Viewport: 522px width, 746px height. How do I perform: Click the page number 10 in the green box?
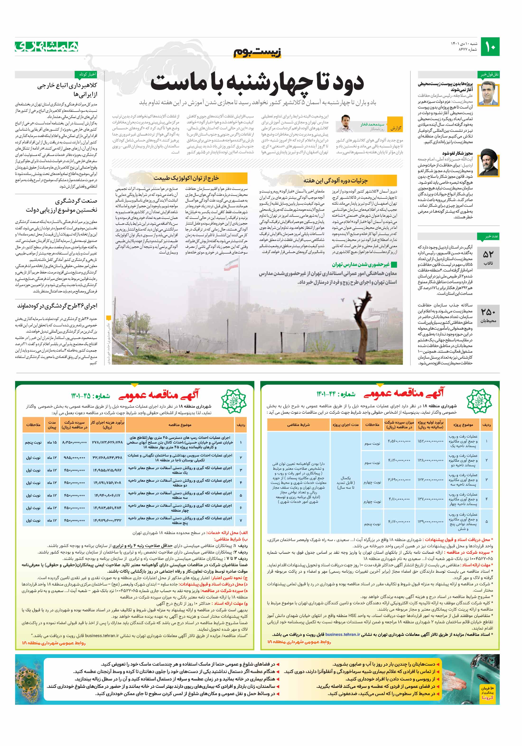(490, 47)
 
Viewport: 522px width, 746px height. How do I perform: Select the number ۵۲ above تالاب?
(488, 254)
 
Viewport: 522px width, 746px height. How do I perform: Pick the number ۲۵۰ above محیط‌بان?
(488, 312)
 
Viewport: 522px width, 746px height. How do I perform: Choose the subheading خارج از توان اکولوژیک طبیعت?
(186, 178)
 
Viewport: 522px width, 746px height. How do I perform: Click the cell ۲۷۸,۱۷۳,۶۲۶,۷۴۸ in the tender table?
(107, 442)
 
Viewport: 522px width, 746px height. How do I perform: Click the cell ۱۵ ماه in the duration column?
(52, 442)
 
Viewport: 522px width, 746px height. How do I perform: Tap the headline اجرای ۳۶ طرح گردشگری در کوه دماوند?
(57, 306)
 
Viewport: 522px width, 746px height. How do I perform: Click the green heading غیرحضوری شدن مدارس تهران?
(361, 264)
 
